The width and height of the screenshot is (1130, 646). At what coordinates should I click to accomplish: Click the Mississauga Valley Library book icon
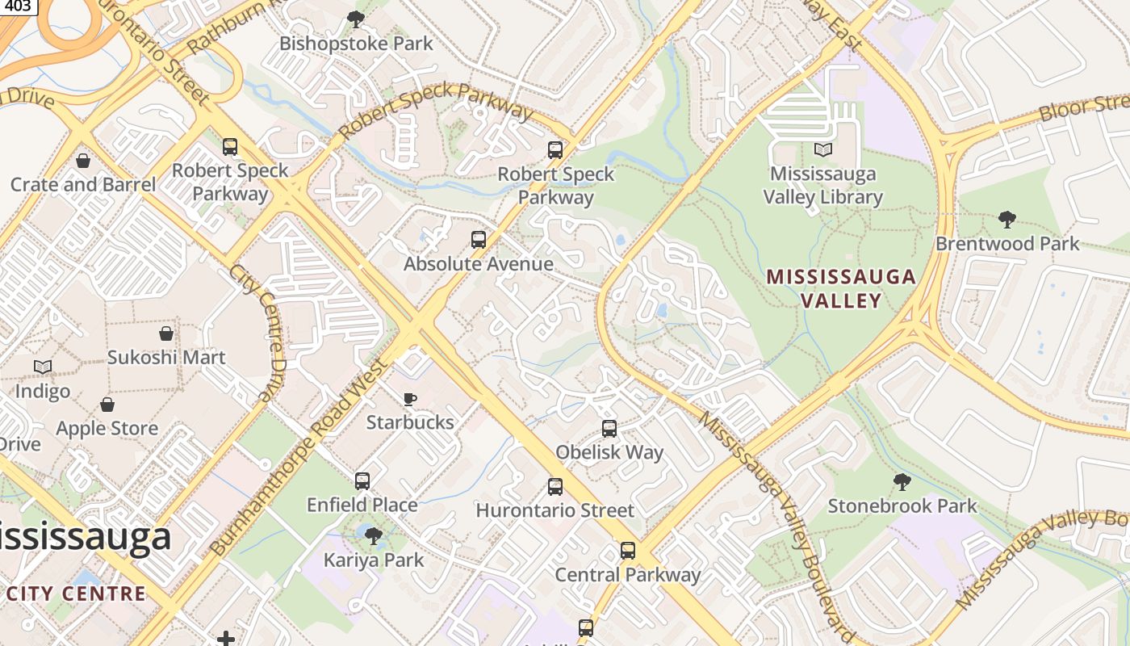(x=822, y=149)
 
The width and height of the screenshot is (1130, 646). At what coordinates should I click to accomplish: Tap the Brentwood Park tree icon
(x=1007, y=219)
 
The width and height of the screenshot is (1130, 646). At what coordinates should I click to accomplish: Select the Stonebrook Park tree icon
(x=902, y=482)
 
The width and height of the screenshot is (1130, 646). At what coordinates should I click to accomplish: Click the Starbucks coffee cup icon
(x=410, y=398)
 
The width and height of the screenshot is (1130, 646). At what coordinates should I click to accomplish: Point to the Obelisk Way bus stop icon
(x=609, y=428)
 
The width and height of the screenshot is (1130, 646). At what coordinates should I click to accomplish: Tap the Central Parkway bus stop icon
(x=627, y=551)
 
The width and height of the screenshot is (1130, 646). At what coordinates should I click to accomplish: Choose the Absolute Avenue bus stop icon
(x=479, y=240)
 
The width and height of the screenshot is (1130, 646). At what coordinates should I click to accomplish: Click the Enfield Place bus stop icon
(x=362, y=481)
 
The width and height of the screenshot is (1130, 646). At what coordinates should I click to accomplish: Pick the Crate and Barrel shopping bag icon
(x=82, y=161)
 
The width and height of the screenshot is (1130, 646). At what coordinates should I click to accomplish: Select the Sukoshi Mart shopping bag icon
(x=166, y=333)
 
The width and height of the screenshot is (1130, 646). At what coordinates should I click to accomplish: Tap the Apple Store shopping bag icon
(x=107, y=405)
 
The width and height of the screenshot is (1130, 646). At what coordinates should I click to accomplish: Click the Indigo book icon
(x=43, y=367)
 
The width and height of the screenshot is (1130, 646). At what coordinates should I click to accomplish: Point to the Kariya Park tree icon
(x=373, y=535)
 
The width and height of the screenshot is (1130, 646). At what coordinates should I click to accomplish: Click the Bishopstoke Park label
(x=356, y=44)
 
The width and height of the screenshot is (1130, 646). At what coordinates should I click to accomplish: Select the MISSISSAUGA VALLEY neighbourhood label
(x=841, y=288)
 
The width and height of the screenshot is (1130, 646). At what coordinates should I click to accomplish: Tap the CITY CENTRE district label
(x=76, y=594)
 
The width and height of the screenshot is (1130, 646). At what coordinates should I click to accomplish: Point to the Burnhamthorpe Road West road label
(x=299, y=457)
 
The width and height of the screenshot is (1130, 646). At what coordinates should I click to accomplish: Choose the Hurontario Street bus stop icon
(x=555, y=486)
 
